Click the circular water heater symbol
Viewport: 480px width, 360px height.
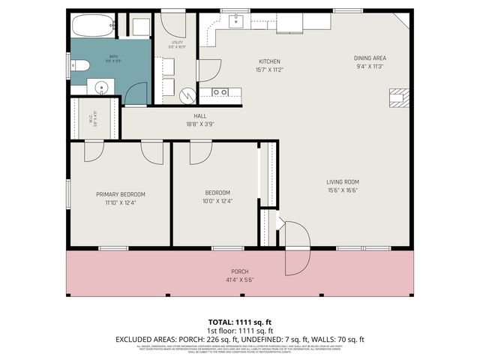[x=188, y=94]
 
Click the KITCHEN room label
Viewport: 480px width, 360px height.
[x=269, y=61]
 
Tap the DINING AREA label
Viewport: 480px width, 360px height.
[x=370, y=58]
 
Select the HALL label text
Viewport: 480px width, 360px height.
[x=200, y=115]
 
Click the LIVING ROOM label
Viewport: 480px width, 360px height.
[x=342, y=181]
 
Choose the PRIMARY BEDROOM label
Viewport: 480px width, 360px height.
[x=120, y=194]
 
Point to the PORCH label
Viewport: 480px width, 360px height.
[x=239, y=271]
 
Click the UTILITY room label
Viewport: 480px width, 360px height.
[x=177, y=42]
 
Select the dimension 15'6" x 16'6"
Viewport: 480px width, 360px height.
[x=342, y=190]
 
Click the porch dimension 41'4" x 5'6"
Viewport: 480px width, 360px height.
[x=239, y=279]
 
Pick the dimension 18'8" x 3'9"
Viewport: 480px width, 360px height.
[x=200, y=124]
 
